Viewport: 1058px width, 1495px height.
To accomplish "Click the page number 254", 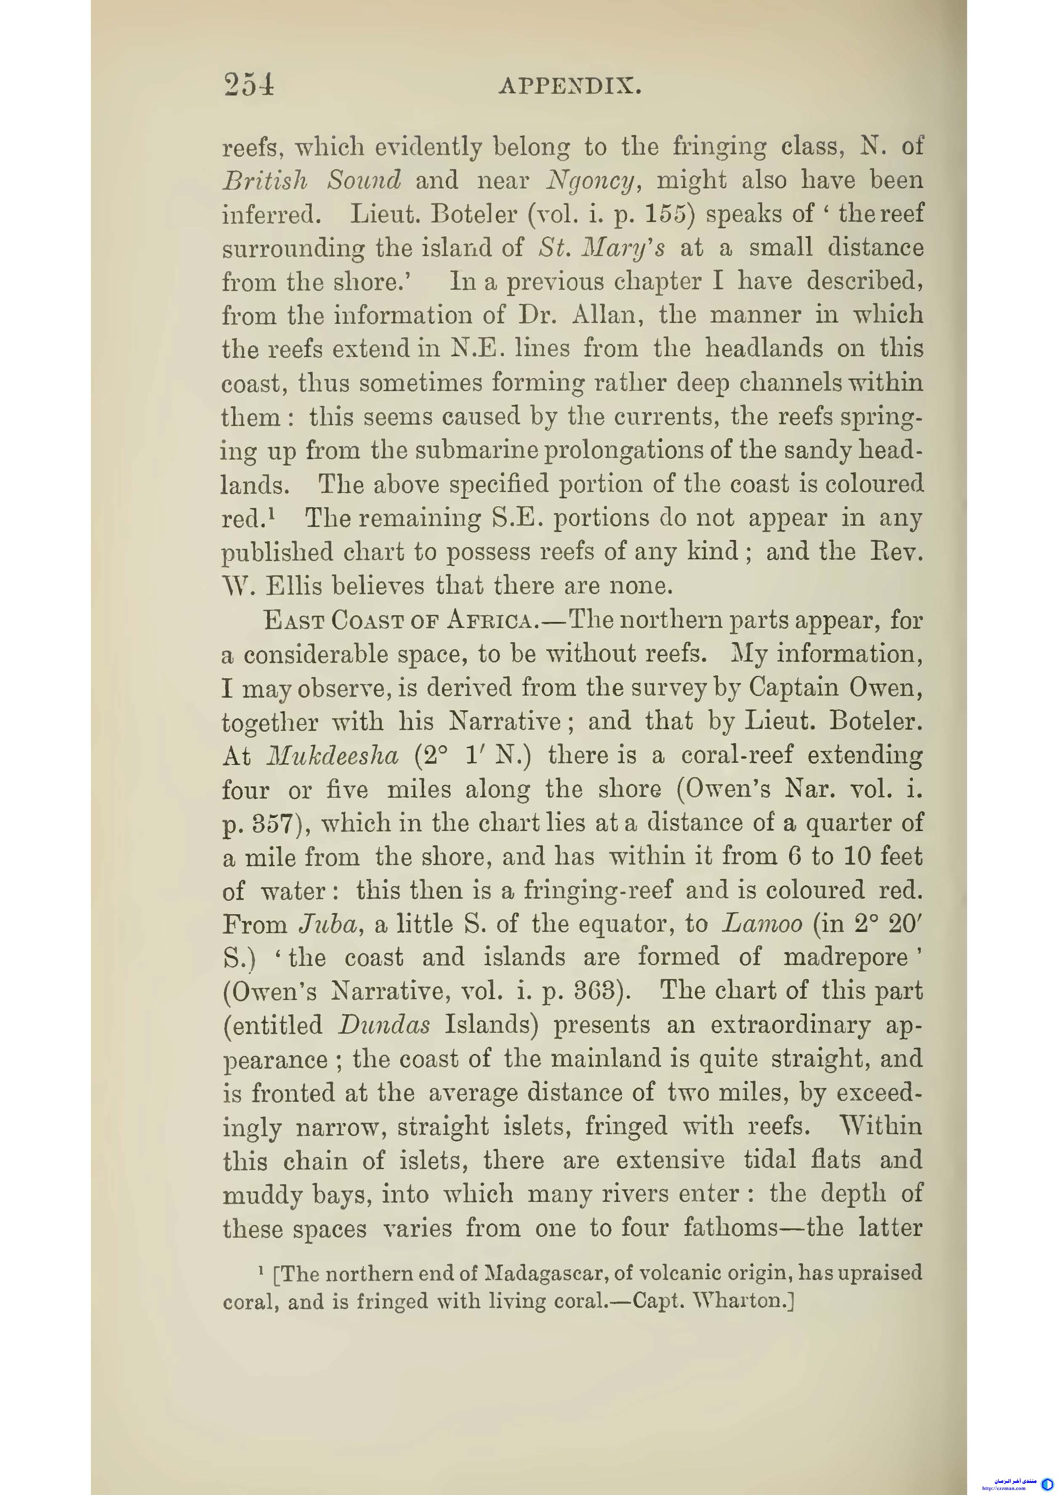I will [248, 84].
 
